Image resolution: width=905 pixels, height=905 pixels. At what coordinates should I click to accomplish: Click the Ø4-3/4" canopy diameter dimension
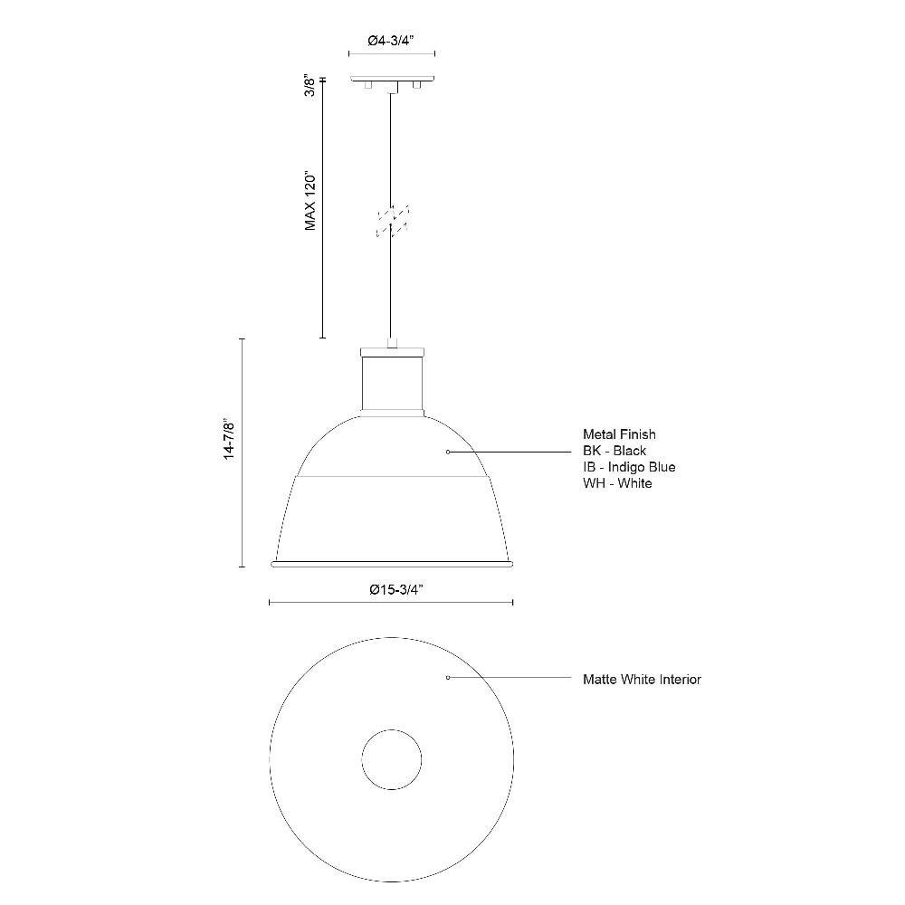391,41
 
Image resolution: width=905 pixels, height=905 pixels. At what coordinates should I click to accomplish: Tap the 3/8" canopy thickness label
310,85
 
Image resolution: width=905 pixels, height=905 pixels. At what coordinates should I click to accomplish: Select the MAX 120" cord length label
311,200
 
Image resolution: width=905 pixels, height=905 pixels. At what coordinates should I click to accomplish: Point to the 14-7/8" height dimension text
230,439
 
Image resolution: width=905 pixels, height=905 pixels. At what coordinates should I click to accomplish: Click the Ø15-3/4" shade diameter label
396,589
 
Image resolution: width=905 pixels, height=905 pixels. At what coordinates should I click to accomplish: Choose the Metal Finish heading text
619,434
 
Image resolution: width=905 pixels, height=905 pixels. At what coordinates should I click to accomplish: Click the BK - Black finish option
614,450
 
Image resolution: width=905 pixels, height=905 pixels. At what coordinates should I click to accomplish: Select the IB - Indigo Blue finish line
629,466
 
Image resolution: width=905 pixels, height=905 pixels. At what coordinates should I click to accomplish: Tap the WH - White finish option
617,482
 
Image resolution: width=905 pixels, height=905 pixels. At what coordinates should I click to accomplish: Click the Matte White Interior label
642,680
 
